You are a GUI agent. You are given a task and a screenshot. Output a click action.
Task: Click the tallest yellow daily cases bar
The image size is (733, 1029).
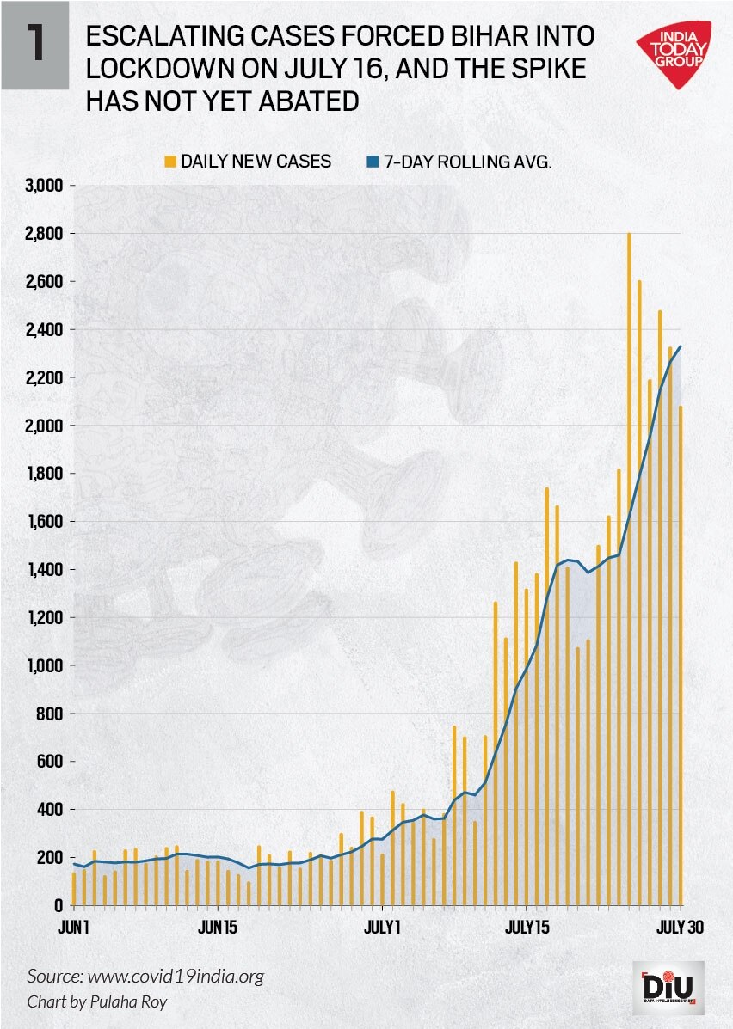(x=629, y=567)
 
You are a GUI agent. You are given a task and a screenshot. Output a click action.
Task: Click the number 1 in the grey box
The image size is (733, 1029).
(x=34, y=45)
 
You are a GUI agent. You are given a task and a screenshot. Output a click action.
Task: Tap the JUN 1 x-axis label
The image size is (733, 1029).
(x=74, y=928)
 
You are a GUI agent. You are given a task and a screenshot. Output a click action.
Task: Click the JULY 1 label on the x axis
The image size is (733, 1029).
(x=382, y=928)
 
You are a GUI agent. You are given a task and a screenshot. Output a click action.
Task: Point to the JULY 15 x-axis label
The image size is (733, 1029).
(x=527, y=928)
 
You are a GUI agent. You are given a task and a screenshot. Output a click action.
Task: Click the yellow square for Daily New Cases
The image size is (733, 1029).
(x=171, y=161)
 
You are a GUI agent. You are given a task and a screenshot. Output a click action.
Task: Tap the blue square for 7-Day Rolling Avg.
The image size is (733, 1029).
(x=373, y=161)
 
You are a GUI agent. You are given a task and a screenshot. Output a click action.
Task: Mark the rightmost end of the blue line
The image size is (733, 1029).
(x=681, y=346)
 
